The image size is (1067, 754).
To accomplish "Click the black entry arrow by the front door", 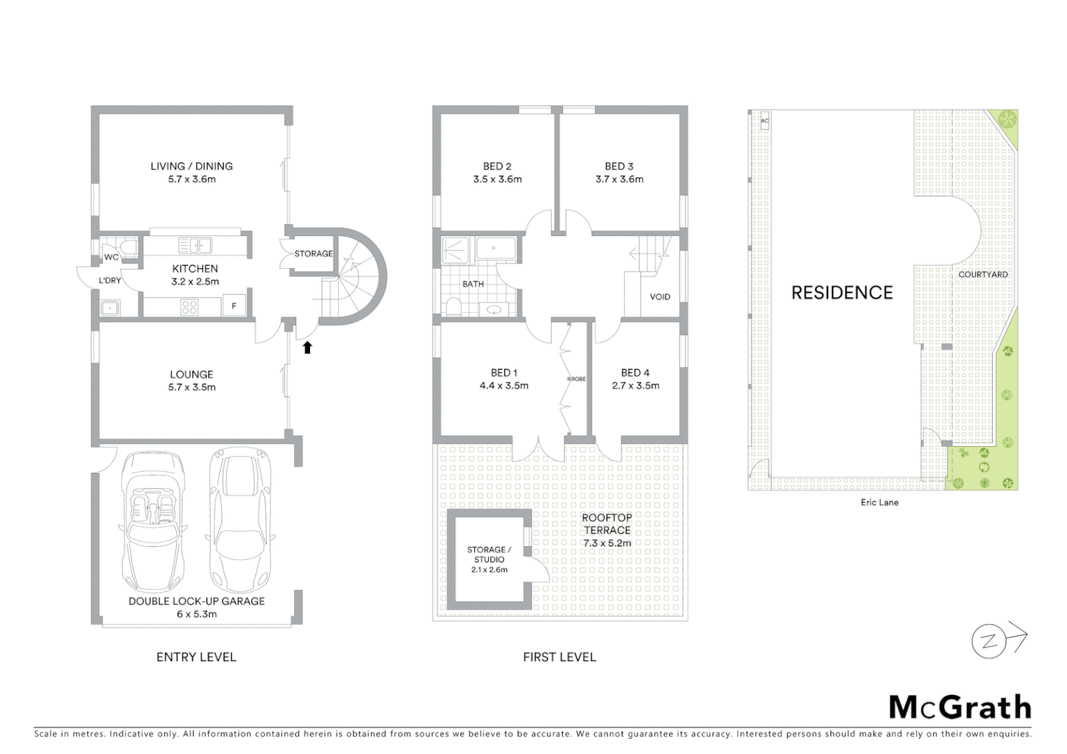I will click(x=307, y=347).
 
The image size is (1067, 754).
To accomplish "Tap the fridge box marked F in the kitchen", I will click(x=234, y=306).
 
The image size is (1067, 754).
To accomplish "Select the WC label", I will click(x=111, y=257).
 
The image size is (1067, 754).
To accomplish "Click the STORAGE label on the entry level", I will click(x=313, y=253).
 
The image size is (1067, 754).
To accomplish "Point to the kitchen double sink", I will click(x=195, y=245).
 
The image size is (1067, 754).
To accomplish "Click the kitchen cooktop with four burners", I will click(x=189, y=306).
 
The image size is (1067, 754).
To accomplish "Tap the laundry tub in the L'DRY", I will click(x=110, y=307).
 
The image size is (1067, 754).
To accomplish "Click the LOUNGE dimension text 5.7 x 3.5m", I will click(x=191, y=387).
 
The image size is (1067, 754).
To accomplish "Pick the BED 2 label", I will click(x=496, y=166).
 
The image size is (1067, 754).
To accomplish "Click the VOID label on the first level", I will click(x=659, y=297).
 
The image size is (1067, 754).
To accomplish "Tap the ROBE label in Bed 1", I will click(x=577, y=378).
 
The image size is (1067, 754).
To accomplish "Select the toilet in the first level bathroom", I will click(x=454, y=306).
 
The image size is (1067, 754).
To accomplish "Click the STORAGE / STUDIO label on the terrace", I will click(x=489, y=554).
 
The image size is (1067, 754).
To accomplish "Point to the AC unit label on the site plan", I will click(x=764, y=121).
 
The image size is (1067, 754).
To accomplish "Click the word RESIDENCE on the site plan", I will click(x=841, y=293).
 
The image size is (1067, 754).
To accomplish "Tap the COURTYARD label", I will click(x=983, y=274).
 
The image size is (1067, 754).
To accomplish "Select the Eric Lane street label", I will click(x=879, y=502).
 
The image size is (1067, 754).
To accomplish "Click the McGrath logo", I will click(x=959, y=707).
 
